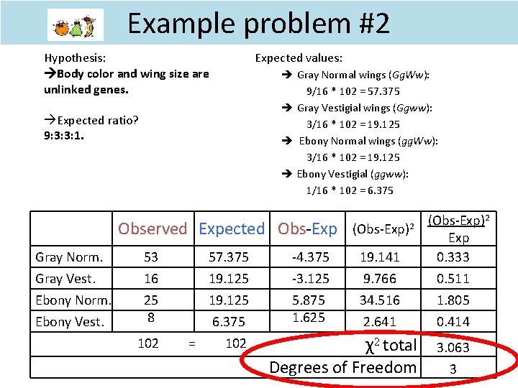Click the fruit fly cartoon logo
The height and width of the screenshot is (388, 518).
(x=76, y=25)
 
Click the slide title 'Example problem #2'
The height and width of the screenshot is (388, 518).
(x=259, y=24)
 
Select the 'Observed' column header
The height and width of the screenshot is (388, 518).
(x=152, y=228)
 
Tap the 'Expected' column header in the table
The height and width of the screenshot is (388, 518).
(x=232, y=228)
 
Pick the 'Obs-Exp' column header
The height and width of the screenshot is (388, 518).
(x=307, y=228)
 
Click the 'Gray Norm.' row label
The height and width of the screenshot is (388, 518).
(x=69, y=257)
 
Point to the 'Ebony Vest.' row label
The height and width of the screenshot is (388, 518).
(x=70, y=321)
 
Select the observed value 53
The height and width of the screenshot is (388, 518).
(x=151, y=257)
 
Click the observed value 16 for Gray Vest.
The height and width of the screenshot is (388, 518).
(x=151, y=278)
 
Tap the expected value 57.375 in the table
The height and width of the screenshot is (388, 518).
(x=228, y=257)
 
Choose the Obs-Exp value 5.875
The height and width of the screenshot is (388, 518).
(x=309, y=300)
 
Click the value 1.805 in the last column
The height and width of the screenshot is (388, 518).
(x=453, y=300)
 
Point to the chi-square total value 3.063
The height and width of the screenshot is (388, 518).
(x=453, y=348)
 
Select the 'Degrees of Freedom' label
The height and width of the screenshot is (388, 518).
(x=342, y=367)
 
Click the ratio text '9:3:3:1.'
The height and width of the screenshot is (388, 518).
(x=64, y=134)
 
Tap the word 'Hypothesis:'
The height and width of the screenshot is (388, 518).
(x=76, y=57)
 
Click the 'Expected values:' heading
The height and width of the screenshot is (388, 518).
(x=299, y=57)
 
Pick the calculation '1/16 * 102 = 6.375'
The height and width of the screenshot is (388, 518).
(x=350, y=190)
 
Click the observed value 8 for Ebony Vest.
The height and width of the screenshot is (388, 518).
(x=150, y=317)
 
